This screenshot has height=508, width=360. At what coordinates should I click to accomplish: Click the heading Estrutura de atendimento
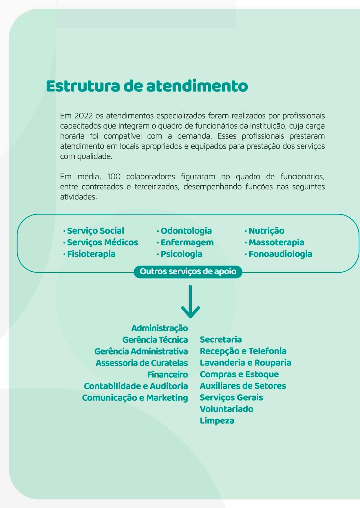(x=147, y=86)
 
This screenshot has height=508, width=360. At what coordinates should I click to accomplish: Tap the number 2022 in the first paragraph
(x=83, y=116)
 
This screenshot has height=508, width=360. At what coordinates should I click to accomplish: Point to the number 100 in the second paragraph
(x=114, y=177)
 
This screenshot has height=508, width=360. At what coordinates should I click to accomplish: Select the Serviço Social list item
(x=95, y=231)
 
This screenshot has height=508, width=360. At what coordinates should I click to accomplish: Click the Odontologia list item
(x=186, y=231)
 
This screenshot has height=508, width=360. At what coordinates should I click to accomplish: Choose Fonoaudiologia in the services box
(x=280, y=254)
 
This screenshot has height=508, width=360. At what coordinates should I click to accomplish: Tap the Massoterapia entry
(x=276, y=242)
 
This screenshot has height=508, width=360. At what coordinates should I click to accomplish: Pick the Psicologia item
(x=181, y=254)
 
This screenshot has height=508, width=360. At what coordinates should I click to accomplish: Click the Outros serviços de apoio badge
(x=188, y=272)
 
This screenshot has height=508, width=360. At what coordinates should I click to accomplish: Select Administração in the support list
(x=160, y=328)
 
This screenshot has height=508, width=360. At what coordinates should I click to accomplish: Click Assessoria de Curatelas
(x=142, y=363)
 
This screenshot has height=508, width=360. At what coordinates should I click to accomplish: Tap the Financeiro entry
(x=167, y=374)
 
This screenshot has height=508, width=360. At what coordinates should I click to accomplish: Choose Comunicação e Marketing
(x=135, y=398)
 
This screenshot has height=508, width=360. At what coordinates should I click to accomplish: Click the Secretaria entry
(x=221, y=339)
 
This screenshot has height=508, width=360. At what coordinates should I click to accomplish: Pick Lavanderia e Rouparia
(x=245, y=363)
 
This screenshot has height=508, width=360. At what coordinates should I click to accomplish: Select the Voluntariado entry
(x=226, y=409)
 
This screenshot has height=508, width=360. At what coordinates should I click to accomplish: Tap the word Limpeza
(x=217, y=421)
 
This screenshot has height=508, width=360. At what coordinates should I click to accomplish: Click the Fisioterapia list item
(x=91, y=254)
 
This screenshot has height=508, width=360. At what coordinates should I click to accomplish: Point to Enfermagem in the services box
(x=187, y=242)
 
